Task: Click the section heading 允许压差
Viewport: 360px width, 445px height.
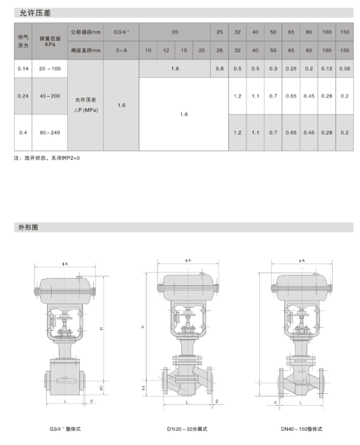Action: pyautogui.click(x=35, y=13)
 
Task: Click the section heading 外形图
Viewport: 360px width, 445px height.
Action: pyautogui.click(x=28, y=227)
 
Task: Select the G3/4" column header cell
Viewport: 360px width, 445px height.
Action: pyautogui.click(x=121, y=32)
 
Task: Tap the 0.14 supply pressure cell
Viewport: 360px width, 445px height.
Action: pyautogui.click(x=23, y=69)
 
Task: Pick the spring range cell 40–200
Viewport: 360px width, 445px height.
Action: pyautogui.click(x=50, y=96)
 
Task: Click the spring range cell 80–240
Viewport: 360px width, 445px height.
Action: pyautogui.click(x=50, y=132)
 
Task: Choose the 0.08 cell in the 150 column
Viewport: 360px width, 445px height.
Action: pyautogui.click(x=345, y=69)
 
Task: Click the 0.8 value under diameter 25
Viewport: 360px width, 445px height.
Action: pyautogui.click(x=220, y=69)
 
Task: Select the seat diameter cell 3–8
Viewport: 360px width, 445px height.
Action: pyautogui.click(x=121, y=50)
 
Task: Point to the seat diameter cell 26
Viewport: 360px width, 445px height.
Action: pyautogui.click(x=220, y=50)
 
